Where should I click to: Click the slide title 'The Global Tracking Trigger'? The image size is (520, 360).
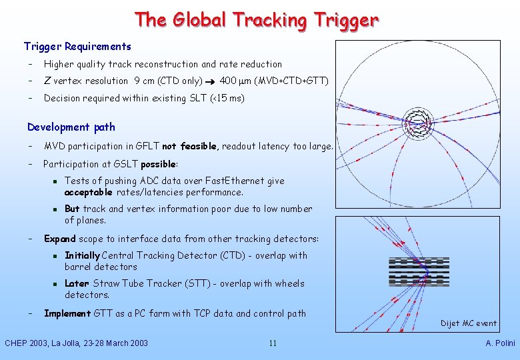click(x=257, y=19)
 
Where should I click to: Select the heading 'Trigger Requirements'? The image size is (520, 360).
click(x=77, y=47)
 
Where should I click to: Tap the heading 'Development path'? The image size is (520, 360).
click(x=71, y=127)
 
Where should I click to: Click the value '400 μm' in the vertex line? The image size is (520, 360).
click(x=235, y=81)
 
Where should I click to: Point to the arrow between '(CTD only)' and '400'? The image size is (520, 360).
click(x=211, y=81)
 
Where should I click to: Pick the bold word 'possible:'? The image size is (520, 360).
click(x=158, y=164)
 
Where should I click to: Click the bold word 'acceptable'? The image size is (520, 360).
click(x=88, y=193)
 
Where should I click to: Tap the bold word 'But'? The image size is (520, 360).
click(x=72, y=209)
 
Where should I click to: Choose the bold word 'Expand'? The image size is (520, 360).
click(x=59, y=239)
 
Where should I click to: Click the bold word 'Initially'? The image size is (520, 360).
click(x=82, y=255)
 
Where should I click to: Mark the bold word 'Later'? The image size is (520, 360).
click(x=77, y=283)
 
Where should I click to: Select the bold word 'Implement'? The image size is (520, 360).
click(x=67, y=313)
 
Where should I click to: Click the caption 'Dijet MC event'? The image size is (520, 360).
click(x=468, y=323)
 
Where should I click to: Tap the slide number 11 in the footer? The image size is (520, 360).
click(x=273, y=343)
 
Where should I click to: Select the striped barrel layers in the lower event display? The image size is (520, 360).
click(x=419, y=269)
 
